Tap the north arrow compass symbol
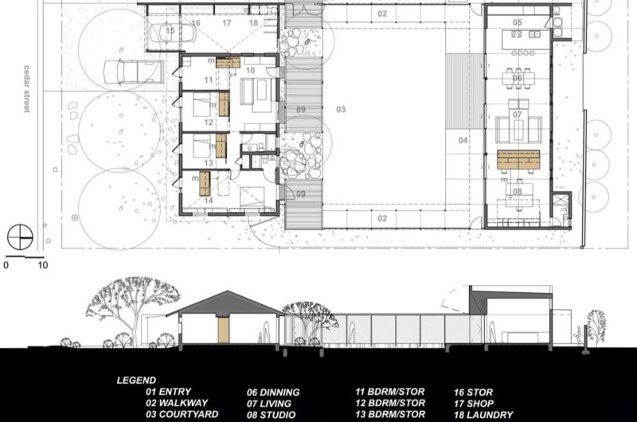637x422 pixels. click(19, 237)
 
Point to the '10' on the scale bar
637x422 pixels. click(42, 265)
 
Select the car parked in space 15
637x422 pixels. click(181, 33)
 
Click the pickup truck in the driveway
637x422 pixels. click(135, 72)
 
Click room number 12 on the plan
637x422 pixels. click(208, 122)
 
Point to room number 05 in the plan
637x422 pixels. click(518, 22)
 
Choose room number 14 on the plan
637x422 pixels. click(208, 200)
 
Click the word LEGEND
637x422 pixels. click(137, 380)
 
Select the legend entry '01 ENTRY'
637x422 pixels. click(168, 392)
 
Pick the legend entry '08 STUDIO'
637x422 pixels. click(273, 415)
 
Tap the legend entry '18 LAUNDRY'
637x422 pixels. click(483, 415)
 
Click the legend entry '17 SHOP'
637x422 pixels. click(478, 404)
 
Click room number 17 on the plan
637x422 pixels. click(226, 23)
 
